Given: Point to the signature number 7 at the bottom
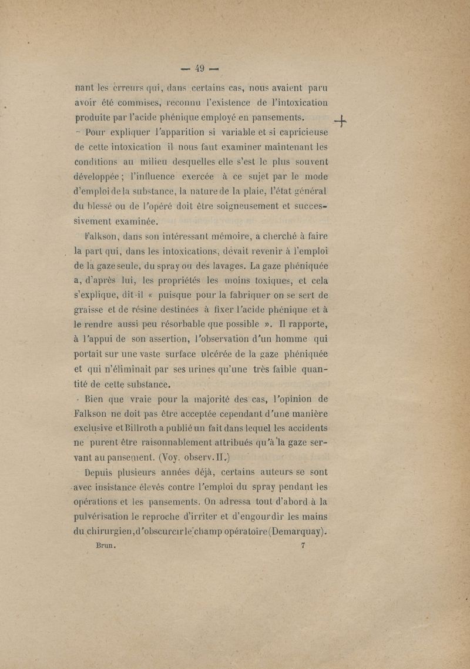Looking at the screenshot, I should point(303,545).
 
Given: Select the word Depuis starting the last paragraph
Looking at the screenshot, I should point(103,471).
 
